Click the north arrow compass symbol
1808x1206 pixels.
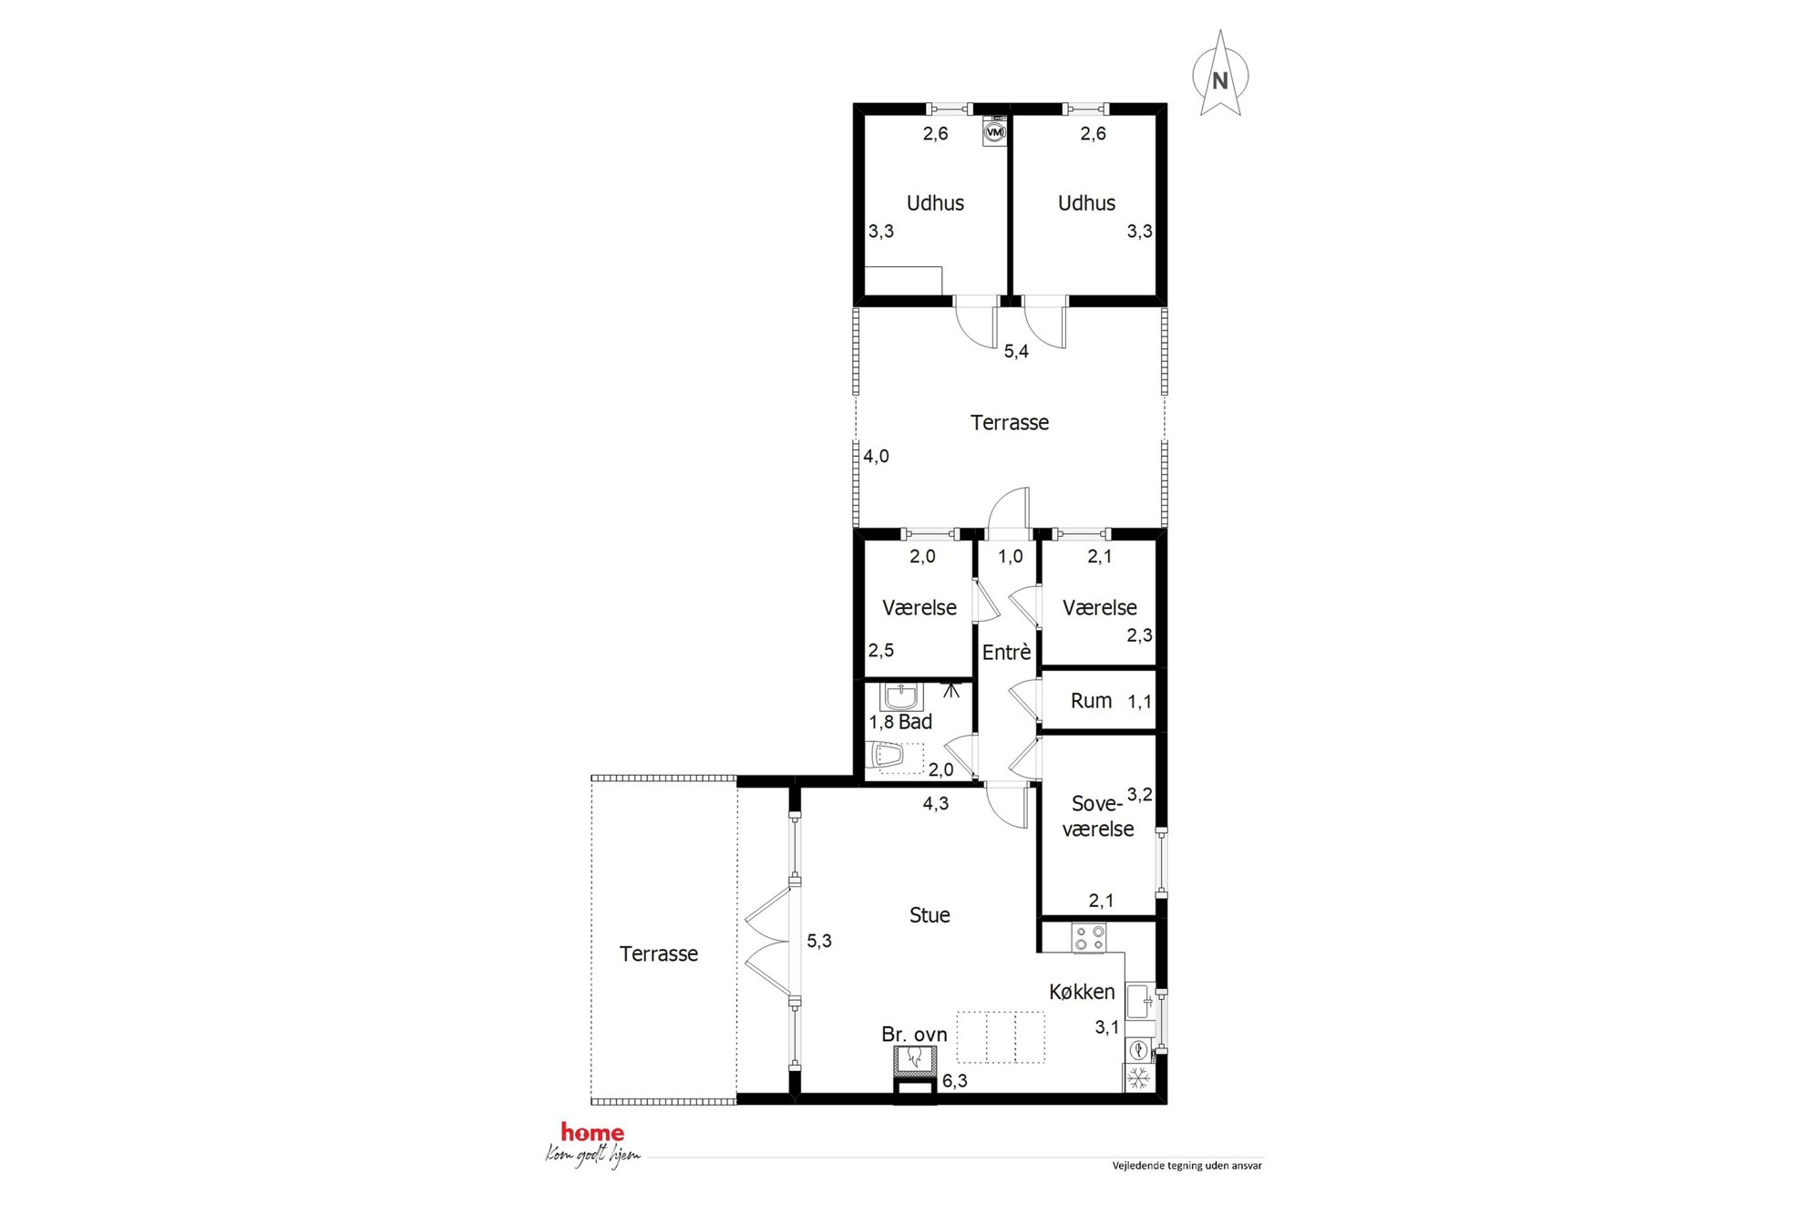tap(1220, 74)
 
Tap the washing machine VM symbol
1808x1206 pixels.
tap(995, 132)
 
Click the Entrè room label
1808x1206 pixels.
tap(1007, 653)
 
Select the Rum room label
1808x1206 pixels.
tap(1091, 701)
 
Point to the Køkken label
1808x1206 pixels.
tap(1082, 992)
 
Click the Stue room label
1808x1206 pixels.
tap(930, 915)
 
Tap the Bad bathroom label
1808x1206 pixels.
tap(915, 722)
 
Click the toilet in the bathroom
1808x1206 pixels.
tap(887, 756)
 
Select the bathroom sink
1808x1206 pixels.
tap(901, 697)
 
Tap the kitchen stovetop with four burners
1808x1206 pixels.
tap(1088, 938)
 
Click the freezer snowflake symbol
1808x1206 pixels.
tap(1138, 1079)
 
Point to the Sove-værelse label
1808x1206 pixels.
tap(1098, 816)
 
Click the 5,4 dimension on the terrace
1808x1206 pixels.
tap(1016, 352)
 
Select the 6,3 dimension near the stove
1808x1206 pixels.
tap(955, 1081)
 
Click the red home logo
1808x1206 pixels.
tap(592, 1132)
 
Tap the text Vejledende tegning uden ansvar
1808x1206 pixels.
tap(1186, 1166)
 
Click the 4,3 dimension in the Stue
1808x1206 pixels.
tap(936, 803)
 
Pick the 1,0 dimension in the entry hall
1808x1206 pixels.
tap(1010, 556)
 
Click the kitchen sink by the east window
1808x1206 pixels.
tap(1139, 1002)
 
